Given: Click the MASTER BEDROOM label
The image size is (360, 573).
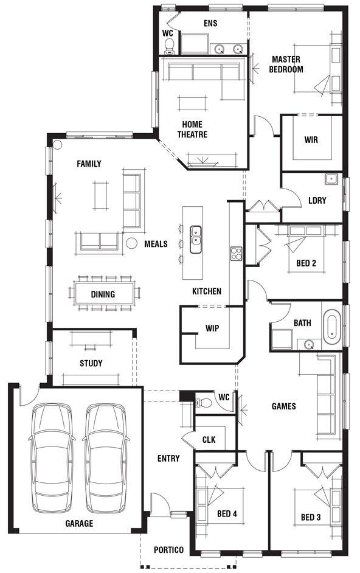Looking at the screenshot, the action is click(286, 64).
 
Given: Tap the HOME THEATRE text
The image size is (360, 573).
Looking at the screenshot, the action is click(192, 130).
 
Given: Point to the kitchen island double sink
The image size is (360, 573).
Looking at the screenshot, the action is click(196, 240).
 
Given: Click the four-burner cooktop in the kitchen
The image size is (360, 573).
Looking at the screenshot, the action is click(236, 254).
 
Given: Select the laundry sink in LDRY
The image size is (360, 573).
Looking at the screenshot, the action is click(331, 179).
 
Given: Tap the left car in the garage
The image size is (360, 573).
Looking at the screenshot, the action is click(51, 457).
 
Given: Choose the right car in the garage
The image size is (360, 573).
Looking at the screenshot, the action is click(106, 457).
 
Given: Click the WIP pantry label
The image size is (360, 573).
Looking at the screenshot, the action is click(212, 328).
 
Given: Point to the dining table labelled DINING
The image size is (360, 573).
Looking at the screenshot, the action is click(104, 293).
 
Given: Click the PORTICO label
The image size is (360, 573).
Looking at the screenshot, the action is click(168, 549).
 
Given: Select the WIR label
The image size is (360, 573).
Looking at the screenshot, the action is click(311, 139).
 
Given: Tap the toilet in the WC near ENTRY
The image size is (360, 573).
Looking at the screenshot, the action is click(203, 402).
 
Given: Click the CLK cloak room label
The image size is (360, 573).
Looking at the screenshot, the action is click(209, 439).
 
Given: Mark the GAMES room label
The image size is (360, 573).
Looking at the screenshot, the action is click(283, 406).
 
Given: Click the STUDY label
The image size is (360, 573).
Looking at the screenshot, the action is click(91, 363).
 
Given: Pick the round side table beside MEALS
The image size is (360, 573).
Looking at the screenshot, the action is click(131, 243).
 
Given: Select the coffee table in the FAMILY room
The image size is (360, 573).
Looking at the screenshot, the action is click(100, 195).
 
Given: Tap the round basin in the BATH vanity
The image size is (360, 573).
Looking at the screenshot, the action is click(309, 344).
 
